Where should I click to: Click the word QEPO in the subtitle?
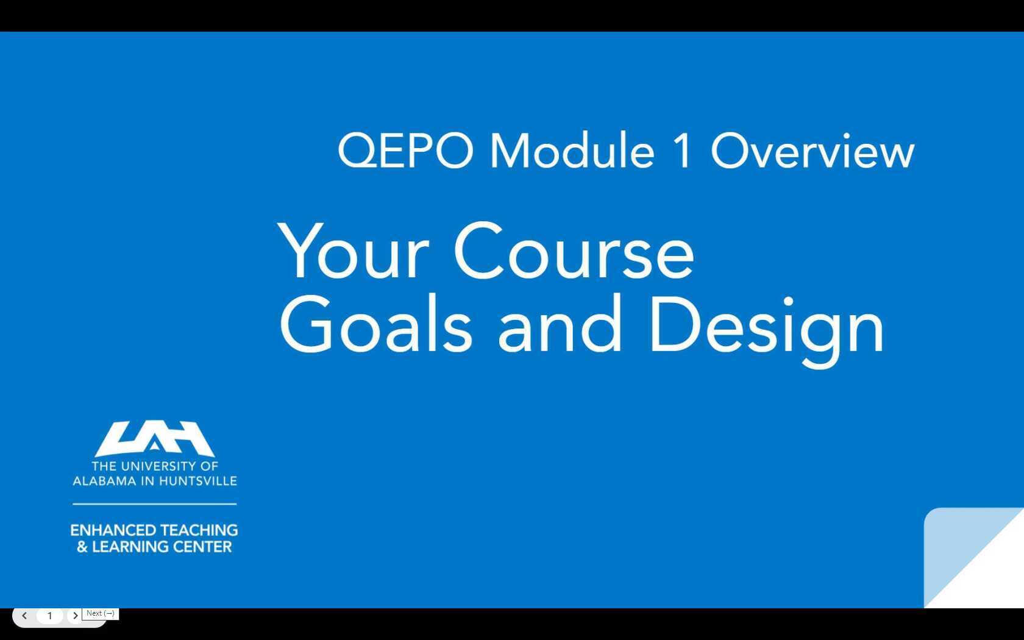pos(405,151)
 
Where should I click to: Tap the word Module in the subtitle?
pos(572,151)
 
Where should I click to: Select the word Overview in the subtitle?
pos(812,151)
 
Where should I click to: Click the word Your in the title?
pos(354,252)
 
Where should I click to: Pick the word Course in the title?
pos(574,252)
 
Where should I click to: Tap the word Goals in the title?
pos(375,325)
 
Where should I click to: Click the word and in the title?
pos(560,325)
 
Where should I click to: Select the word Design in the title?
pos(766,325)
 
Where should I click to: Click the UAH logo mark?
pos(154,438)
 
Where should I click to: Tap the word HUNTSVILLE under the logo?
pos(197,481)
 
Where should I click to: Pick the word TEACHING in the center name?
pos(197,530)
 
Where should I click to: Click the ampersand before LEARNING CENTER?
pos(82,547)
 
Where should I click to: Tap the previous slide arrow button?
pos(24,616)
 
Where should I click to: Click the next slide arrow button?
pos(75,616)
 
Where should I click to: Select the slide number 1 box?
pos(49,616)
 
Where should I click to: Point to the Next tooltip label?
pos(100,613)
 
